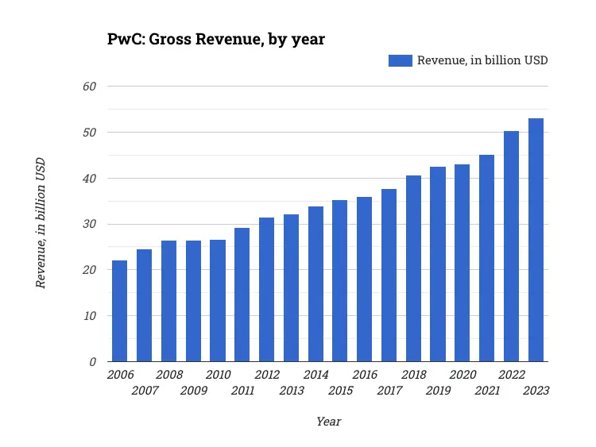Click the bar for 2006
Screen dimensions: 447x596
point(119,310)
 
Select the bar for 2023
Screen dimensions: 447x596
point(536,240)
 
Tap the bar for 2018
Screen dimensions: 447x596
point(413,268)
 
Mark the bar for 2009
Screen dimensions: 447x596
point(193,301)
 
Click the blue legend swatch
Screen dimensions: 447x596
point(400,60)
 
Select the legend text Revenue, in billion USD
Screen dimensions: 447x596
point(482,60)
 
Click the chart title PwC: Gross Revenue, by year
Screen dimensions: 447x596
point(216,39)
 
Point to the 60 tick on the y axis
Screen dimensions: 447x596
point(90,86)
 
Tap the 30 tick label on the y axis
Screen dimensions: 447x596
point(90,224)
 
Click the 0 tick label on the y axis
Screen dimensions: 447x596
point(93,361)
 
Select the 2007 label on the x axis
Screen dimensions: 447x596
point(145,391)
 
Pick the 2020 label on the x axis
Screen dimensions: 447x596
point(462,375)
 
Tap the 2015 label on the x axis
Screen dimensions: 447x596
point(340,391)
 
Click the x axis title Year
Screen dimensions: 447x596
point(328,422)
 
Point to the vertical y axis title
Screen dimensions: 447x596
point(41,223)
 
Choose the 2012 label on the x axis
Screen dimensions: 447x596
point(267,375)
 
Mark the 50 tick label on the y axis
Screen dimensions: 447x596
point(90,132)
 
